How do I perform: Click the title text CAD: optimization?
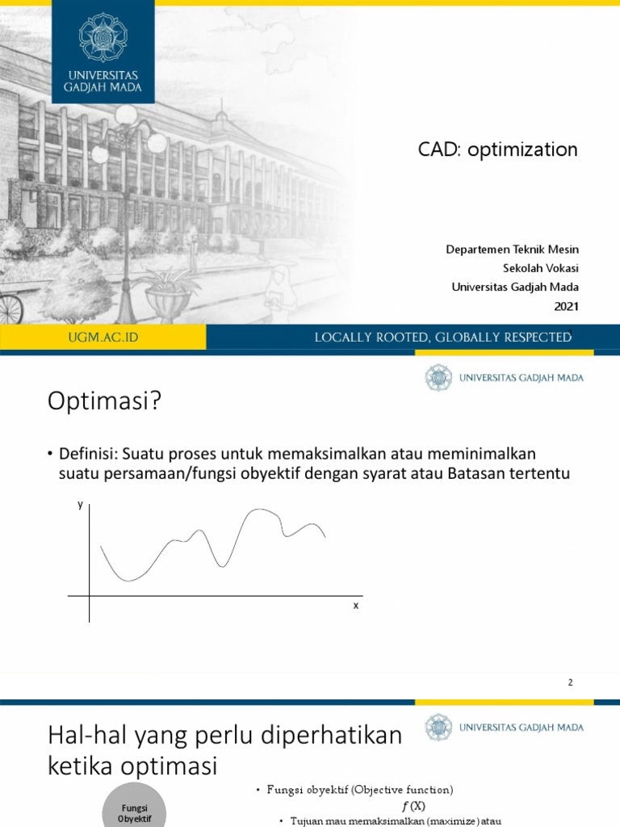(x=497, y=149)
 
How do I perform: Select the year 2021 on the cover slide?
(x=566, y=305)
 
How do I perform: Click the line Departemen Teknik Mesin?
(x=512, y=249)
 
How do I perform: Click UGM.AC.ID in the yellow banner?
(x=103, y=338)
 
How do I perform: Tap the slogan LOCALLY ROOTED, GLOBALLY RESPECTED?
(x=442, y=338)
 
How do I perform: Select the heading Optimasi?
(x=105, y=401)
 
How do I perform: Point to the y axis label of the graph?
(x=80, y=505)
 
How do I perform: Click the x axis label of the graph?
(x=355, y=605)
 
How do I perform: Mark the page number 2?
(x=570, y=682)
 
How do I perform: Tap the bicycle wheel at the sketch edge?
(x=10, y=308)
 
